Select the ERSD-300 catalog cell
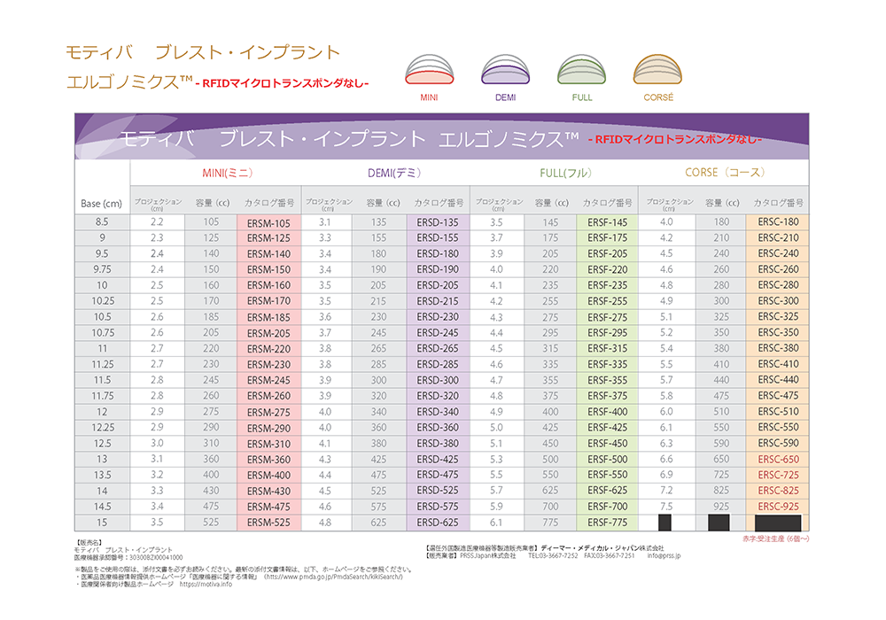pos(438,380)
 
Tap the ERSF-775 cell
pos(607,523)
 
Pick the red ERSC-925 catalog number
pos(779,507)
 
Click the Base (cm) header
pos(101,204)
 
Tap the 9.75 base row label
pos(102,269)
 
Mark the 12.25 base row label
pos(102,428)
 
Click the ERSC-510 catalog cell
pos(779,412)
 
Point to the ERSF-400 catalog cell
pos(607,412)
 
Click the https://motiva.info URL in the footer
pos(206,585)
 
